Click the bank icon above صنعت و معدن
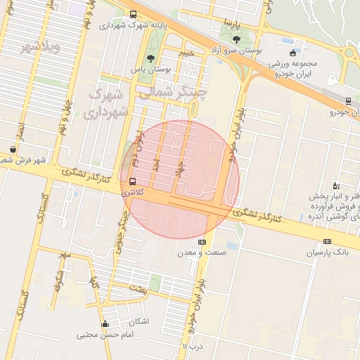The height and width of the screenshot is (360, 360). pyautogui.click(x=202, y=242)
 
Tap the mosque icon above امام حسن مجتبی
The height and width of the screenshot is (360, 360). pyautogui.click(x=105, y=324)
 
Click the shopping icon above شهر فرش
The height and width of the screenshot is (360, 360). pyautogui.click(x=13, y=149)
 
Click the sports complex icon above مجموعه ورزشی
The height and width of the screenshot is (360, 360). pyautogui.click(x=292, y=52)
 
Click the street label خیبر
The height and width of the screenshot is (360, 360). pyautogui.click(x=186, y=53)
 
